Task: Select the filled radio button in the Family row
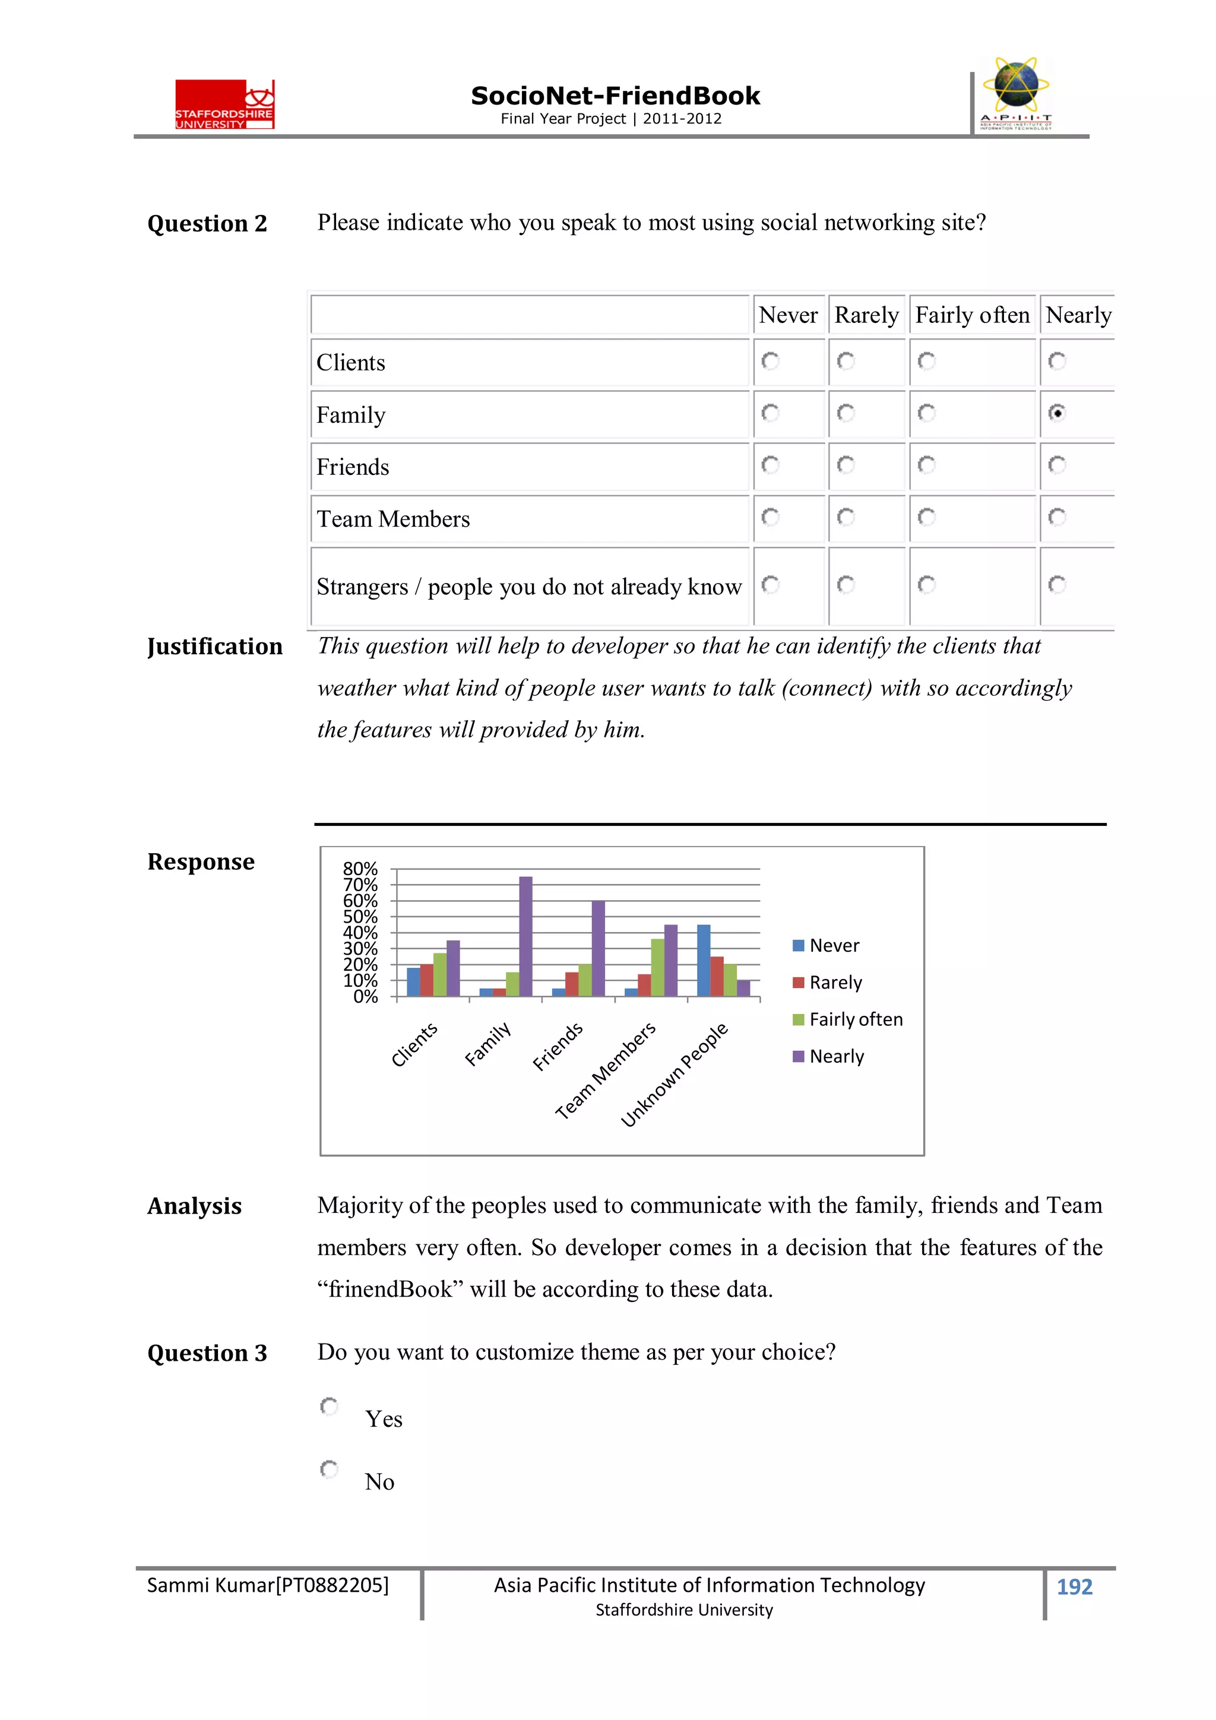[1056, 413]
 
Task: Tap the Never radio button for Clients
[769, 361]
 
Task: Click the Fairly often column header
[972, 315]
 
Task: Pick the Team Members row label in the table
[392, 518]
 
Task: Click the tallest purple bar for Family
[525, 936]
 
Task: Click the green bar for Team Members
[657, 967]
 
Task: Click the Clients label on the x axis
[414, 1044]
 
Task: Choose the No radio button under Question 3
[329, 1469]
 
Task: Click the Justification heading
[214, 647]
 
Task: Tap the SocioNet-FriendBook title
[615, 96]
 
